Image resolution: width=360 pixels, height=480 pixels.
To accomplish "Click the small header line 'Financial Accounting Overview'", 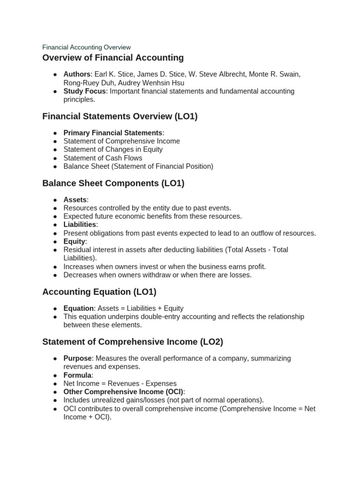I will (x=86, y=47).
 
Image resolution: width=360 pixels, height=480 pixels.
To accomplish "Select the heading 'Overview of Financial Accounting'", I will (x=113, y=58).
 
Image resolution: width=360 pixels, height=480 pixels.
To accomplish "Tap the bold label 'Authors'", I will (x=77, y=75).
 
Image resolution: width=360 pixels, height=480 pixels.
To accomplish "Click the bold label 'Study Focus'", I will (x=84, y=91).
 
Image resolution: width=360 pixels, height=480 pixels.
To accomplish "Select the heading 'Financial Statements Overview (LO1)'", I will (x=120, y=116).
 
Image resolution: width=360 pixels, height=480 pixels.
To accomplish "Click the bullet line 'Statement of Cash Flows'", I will (x=103, y=158).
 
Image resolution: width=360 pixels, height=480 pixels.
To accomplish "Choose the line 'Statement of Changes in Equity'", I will (x=113, y=150).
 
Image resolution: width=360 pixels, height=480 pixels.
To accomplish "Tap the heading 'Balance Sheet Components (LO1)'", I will (x=113, y=183).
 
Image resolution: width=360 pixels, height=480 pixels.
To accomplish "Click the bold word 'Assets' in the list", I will (x=75, y=200).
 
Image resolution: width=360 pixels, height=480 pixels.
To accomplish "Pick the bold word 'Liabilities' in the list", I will (x=80, y=225).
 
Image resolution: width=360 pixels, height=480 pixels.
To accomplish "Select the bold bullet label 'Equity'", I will (x=74, y=241).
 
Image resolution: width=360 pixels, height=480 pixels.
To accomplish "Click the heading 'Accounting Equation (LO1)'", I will (x=99, y=292).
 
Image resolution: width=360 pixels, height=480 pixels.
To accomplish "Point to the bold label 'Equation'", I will (x=79, y=308).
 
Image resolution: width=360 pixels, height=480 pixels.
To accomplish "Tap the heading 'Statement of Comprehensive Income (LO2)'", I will (x=133, y=342).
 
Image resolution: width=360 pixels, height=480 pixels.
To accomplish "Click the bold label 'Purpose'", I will (x=77, y=359).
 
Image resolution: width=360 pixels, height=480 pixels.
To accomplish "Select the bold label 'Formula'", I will (x=77, y=375).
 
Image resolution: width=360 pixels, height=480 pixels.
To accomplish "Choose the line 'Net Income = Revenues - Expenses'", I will (x=120, y=383).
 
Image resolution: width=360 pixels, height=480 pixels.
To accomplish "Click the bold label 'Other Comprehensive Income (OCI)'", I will (x=123, y=392).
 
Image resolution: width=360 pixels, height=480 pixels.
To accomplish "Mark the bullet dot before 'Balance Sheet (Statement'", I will (x=55, y=166).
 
